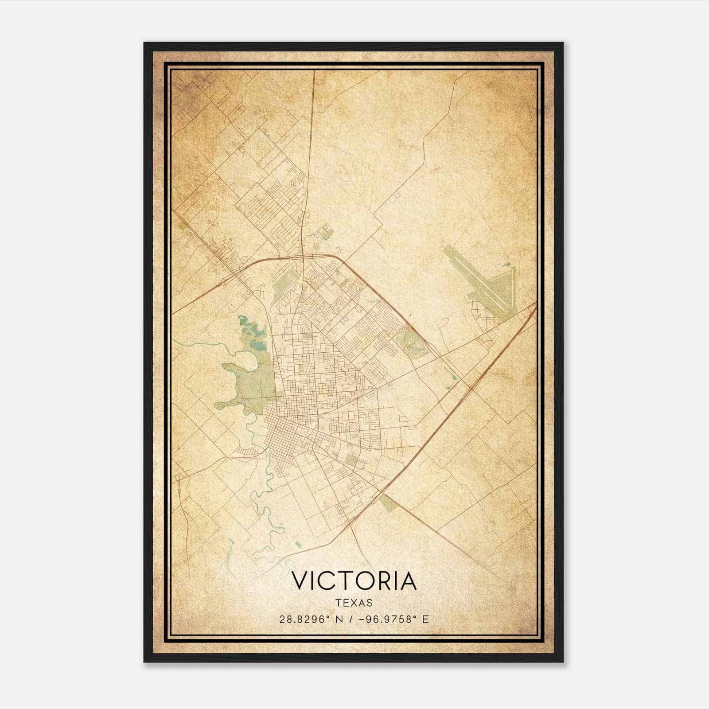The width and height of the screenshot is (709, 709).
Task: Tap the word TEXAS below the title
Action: (x=354, y=603)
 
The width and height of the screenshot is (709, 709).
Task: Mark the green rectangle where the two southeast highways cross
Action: (x=389, y=502)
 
